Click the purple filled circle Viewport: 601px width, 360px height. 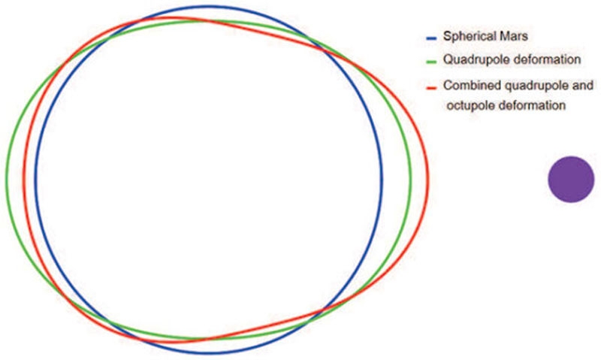tap(571, 179)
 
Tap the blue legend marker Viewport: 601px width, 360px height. tap(431, 38)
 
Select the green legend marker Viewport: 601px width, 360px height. tap(431, 62)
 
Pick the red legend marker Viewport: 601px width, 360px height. tap(431, 88)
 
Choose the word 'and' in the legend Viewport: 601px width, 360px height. tap(583, 85)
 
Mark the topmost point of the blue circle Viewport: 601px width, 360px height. tap(209, 6)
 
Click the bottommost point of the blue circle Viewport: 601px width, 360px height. tap(209, 352)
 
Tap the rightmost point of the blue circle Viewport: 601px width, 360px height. tap(382, 180)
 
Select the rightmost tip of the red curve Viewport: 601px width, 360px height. tap(428, 177)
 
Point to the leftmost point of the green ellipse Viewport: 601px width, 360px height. tap(7, 180)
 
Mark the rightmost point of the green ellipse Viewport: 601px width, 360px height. tap(410, 180)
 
